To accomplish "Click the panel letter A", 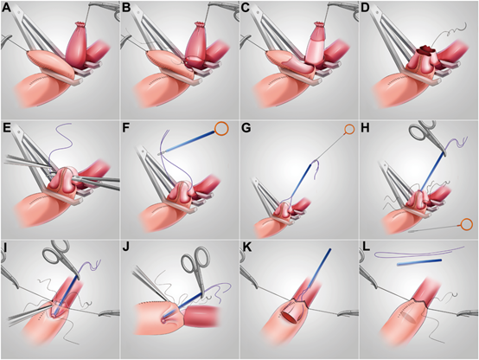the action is pos(6,8).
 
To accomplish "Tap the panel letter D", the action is pos(366,8).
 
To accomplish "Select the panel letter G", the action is pos(246,128).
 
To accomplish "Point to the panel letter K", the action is pos(246,247).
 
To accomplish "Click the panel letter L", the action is pos(365,247).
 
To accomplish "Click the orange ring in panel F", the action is pos(221,128).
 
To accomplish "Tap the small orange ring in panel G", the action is pos(349,130).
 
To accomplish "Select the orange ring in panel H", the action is pos(466,224).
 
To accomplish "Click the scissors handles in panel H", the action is pos(422,131).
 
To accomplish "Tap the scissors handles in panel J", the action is pos(195,259).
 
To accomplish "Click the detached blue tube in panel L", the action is pos(419,262).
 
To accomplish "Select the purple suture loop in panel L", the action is pos(419,254).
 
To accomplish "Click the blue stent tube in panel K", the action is pos(319,270).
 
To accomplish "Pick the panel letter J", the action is pos(126,247).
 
